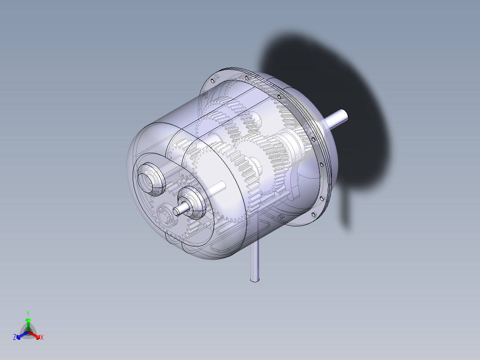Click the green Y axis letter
(28, 313)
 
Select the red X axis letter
(42, 338)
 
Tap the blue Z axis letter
(15, 338)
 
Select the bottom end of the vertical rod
(254, 279)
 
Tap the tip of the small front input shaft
(177, 211)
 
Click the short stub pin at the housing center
(219, 189)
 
